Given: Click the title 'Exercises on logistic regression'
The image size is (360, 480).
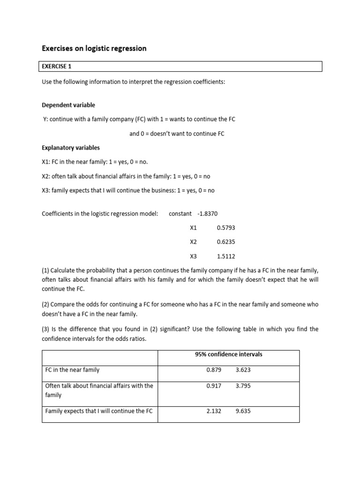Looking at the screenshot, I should coord(94,48).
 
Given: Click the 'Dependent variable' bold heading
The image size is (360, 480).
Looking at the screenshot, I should coord(68,105).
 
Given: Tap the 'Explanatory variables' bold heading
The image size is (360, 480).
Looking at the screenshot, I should coord(71,148).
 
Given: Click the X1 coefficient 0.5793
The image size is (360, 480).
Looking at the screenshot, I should coord(226,228).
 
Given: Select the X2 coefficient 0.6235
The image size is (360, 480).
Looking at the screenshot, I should coord(226,242).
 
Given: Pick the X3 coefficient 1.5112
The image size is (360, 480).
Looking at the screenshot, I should coord(226,256).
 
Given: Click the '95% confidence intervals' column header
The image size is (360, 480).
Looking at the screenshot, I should coord(228,354).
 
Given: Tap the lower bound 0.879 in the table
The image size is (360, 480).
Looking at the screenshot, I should coord(213,370).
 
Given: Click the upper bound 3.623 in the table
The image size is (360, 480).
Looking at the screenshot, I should coord(243,370).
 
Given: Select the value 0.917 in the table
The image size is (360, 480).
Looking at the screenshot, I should coord(213,386).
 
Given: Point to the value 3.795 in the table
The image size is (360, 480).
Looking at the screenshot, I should coord(243,386).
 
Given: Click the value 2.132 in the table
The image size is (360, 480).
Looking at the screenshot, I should coord(213,411).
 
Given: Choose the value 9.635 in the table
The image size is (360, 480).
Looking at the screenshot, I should coord(243,411).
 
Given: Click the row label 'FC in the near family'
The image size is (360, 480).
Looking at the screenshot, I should coord(72,370).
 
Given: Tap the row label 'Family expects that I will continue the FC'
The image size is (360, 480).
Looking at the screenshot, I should coord(99,411).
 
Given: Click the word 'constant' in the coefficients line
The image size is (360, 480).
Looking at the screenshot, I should coord(180,214).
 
